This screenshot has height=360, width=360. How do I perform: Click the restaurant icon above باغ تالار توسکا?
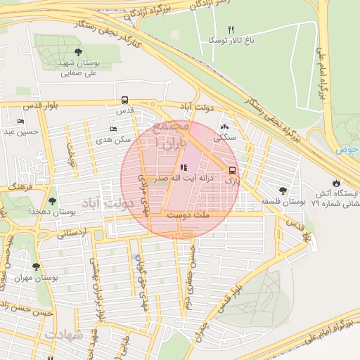pyautogui.click(x=229, y=30)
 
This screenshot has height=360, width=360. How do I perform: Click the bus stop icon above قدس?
pyautogui.click(x=124, y=100)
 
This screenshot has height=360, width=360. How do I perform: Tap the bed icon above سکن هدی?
pyautogui.click(x=114, y=129)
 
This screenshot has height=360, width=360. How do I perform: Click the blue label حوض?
pyautogui.click(x=347, y=150)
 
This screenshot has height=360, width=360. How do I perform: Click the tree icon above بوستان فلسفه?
pyautogui.click(x=283, y=190)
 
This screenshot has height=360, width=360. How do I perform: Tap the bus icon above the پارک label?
pyautogui.click(x=232, y=169)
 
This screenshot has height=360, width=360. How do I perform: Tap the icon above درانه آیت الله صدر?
pyautogui.click(x=184, y=167)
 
